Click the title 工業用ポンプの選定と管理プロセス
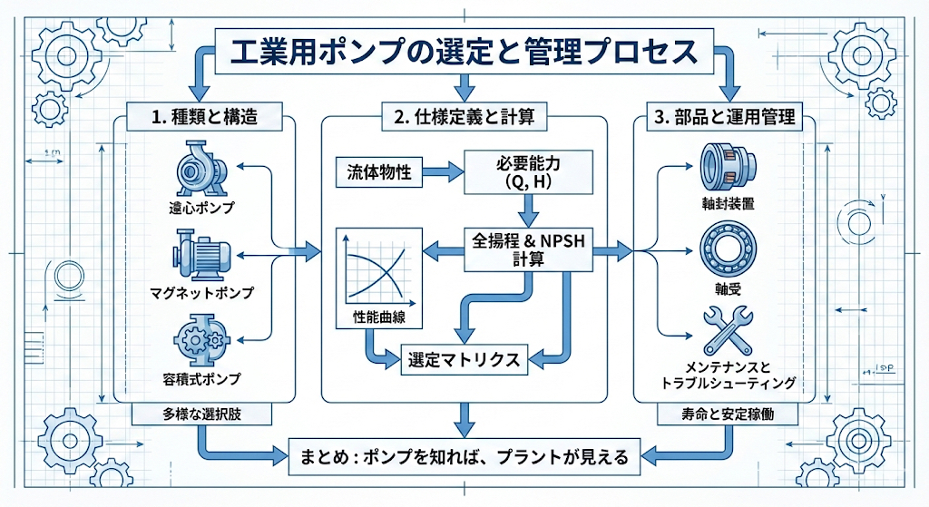[464, 51]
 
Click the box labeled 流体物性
[378, 171]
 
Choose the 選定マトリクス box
[463, 359]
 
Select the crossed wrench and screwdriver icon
[729, 331]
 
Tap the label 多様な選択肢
[201, 415]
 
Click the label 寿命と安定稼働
[727, 415]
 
